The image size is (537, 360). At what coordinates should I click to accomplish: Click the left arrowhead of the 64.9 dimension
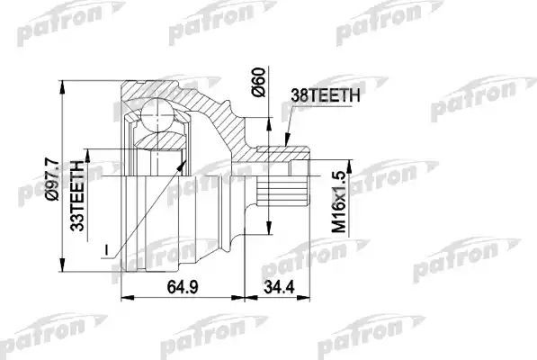(124, 296)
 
